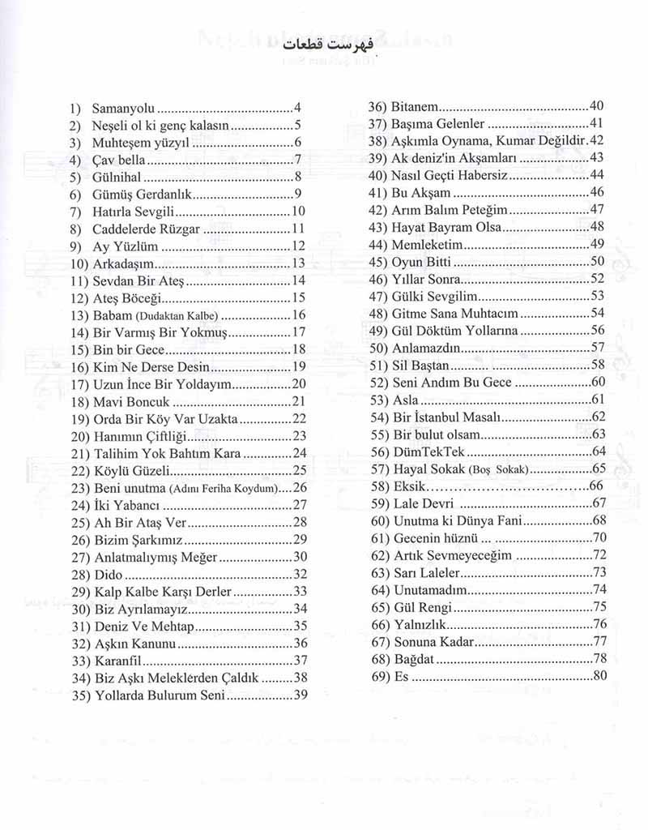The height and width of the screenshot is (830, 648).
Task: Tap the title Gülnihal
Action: click(118, 177)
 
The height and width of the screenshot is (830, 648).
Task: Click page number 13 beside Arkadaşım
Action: click(296, 263)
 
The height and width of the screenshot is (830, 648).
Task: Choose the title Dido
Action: click(109, 574)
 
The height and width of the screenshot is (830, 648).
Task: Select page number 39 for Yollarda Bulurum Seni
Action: click(301, 695)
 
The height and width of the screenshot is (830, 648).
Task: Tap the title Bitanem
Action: click(415, 106)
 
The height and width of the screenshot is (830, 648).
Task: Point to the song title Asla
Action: click(405, 399)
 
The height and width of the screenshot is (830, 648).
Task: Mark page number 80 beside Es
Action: click(599, 675)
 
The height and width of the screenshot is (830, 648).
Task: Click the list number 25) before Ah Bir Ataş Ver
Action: click(80, 522)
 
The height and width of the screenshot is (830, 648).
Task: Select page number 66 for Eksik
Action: click(596, 486)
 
